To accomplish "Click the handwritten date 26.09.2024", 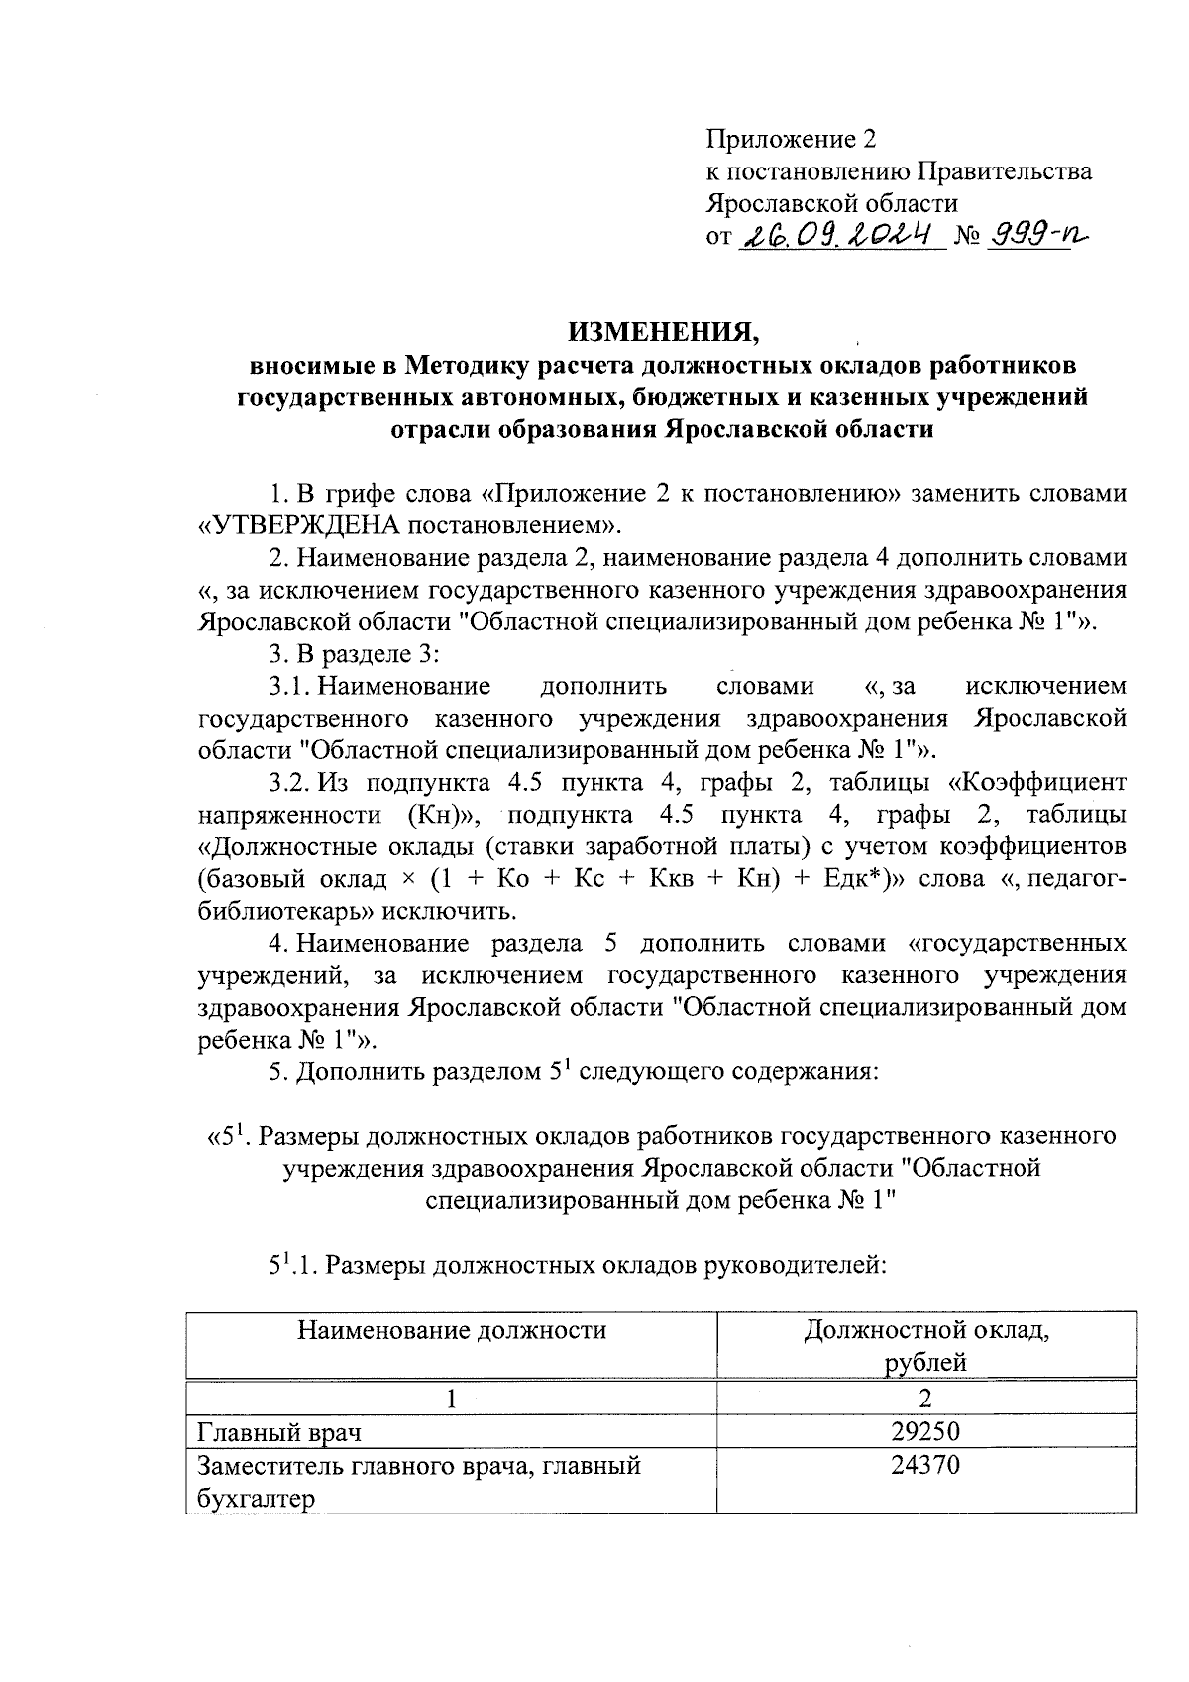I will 840,235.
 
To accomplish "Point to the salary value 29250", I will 926,1431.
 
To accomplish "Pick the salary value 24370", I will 926,1464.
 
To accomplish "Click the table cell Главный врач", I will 279,1432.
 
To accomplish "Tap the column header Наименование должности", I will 452,1330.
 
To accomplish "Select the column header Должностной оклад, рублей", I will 926,1346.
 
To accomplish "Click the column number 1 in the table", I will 452,1399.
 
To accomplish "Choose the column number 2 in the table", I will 926,1399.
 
